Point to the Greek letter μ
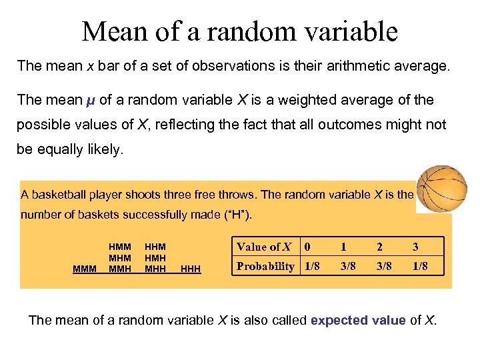pos(91,100)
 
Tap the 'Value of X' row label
pos(264,247)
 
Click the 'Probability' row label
pos(265,266)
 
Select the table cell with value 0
pos(307,247)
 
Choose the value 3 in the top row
pos(415,247)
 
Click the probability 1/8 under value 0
pos(311,266)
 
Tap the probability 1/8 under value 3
pos(419,266)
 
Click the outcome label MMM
pos(84,269)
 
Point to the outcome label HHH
pos(191,269)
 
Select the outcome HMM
pos(119,247)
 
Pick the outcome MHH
pos(155,269)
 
